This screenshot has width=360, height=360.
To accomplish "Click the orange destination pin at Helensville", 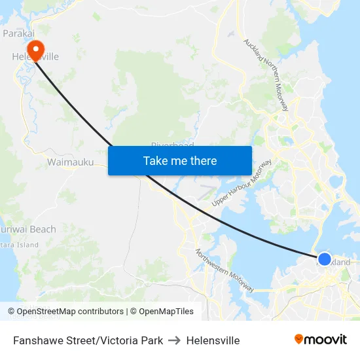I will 35,48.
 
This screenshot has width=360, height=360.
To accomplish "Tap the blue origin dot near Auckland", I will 324,259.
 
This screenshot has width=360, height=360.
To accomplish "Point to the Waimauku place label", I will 70,162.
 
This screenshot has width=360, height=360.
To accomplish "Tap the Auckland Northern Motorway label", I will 266,75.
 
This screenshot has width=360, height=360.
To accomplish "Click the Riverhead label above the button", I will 172,145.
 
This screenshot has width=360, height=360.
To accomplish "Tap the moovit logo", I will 321,340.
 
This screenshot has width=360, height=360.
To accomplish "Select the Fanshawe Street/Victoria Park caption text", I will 88,340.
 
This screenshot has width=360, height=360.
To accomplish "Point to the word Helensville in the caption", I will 213,340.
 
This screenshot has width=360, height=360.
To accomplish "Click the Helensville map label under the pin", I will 35,57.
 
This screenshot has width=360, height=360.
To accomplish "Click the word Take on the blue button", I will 155,160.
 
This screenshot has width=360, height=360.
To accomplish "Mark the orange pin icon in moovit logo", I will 299,339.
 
